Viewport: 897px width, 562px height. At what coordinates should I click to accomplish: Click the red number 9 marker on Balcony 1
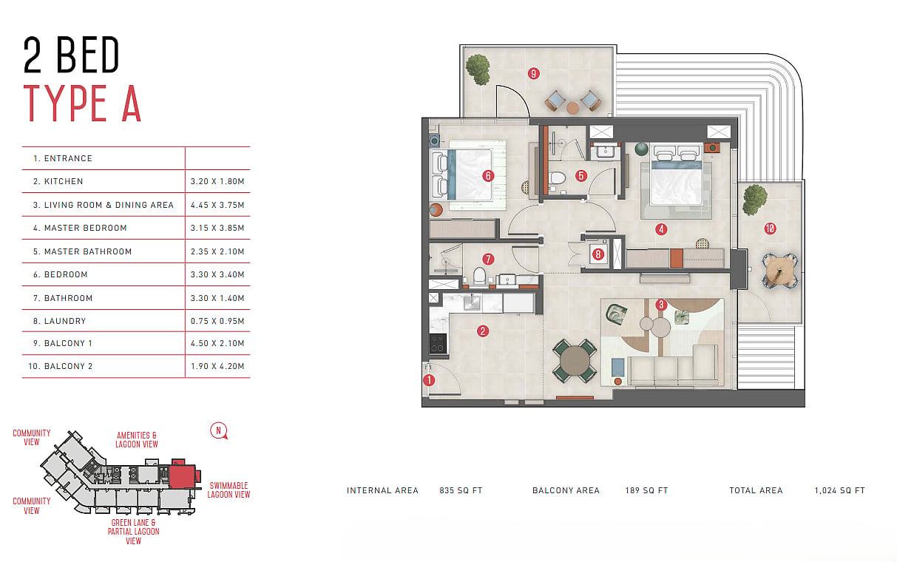point(533,73)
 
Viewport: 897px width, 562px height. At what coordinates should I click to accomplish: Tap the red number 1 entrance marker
point(429,380)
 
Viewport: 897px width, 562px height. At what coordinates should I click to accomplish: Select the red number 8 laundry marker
point(598,254)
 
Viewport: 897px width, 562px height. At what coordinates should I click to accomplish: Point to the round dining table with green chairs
point(575,361)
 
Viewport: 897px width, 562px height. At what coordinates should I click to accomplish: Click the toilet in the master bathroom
point(557,179)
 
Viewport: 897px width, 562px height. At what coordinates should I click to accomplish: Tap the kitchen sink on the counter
point(472,303)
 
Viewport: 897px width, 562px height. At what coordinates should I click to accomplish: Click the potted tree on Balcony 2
point(755,200)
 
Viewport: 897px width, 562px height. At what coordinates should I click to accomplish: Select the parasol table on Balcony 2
point(779,271)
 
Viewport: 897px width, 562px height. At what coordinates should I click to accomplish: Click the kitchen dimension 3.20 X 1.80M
point(217,181)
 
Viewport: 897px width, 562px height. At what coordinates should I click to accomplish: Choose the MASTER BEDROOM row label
point(85,228)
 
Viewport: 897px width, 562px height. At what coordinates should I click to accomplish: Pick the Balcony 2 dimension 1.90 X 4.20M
point(217,366)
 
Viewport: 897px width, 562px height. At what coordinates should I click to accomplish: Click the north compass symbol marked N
point(219,431)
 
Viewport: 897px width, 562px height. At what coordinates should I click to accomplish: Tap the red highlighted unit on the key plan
point(182,476)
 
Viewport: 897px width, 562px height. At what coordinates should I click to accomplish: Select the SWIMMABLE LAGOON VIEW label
point(229,490)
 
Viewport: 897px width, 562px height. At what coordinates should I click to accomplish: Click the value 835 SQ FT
point(461,490)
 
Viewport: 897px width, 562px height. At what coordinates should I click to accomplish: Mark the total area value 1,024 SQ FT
point(840,490)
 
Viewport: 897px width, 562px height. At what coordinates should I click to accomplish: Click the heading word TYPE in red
point(65,103)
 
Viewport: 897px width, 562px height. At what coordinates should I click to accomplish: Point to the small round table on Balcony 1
point(572,108)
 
